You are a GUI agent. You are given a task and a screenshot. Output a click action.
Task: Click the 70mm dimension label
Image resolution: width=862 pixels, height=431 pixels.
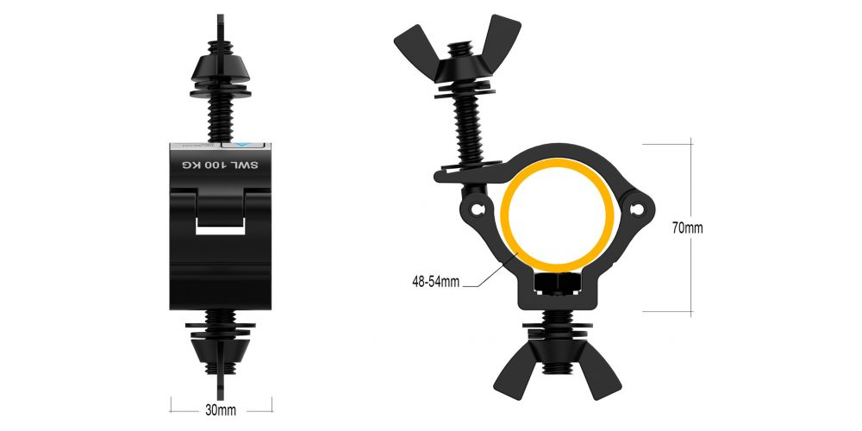click(x=688, y=228)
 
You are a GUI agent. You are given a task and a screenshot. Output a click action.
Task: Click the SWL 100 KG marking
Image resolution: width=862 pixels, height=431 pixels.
click(x=222, y=164)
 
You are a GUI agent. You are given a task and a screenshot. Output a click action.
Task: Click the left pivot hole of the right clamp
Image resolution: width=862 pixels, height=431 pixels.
click(x=477, y=209)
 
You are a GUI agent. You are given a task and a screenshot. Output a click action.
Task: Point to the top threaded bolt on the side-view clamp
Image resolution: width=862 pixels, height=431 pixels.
click(x=222, y=111)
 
